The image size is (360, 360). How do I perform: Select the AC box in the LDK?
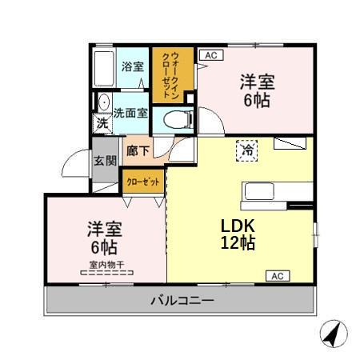pos(276,276)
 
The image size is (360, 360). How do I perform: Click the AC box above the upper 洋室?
pos(210,54)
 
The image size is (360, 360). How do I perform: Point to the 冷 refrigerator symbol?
pos(248,149)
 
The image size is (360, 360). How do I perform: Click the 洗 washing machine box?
pos(102,123)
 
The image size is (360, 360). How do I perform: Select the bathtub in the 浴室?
pos(101,70)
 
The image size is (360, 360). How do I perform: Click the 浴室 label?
pos(130,66)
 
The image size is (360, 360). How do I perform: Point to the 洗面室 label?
pos(130,113)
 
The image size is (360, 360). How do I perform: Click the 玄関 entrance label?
pos(105,160)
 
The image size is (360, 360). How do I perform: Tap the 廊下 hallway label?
pos(138,150)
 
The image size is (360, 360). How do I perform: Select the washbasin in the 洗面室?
pos(103,102)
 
